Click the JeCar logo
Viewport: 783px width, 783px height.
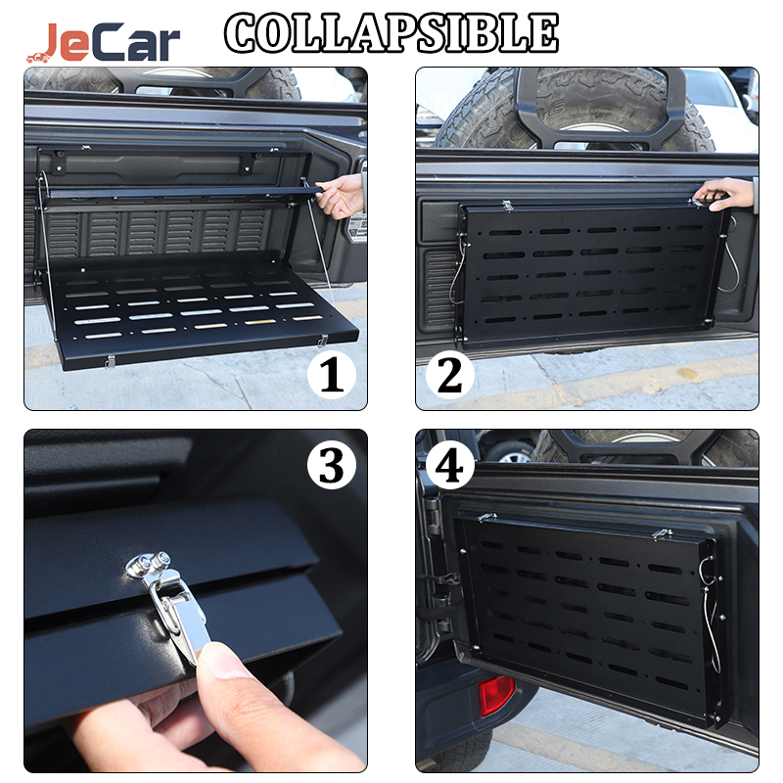[x=104, y=42]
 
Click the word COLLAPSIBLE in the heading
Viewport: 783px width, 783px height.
[x=391, y=33]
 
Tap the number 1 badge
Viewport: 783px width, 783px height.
[x=332, y=375]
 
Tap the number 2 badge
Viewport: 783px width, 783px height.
[x=450, y=375]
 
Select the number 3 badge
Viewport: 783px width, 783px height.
[x=332, y=466]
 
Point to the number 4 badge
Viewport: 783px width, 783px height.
[x=450, y=466]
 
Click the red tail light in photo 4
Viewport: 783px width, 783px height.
[x=496, y=696]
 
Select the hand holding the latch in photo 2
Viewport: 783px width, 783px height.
[x=724, y=194]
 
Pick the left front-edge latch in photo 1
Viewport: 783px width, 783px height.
[x=110, y=362]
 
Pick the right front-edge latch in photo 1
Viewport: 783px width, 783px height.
[x=323, y=341]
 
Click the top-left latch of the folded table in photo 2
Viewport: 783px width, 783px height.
[x=507, y=206]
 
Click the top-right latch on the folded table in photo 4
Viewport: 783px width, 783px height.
[x=663, y=534]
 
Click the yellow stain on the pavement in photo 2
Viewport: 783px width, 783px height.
[x=687, y=373]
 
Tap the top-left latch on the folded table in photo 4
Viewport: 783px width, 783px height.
[x=486, y=518]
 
